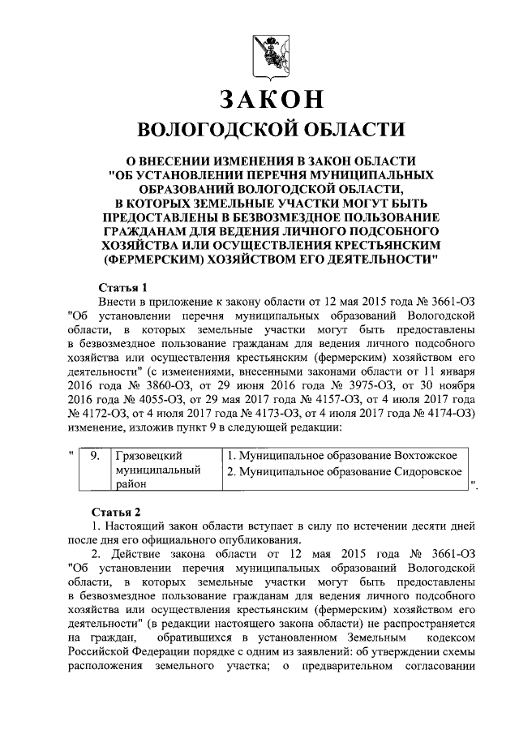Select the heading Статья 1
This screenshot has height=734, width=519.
click(x=122, y=287)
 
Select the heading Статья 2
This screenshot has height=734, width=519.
click(x=122, y=512)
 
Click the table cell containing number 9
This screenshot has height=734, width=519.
click(x=94, y=456)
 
